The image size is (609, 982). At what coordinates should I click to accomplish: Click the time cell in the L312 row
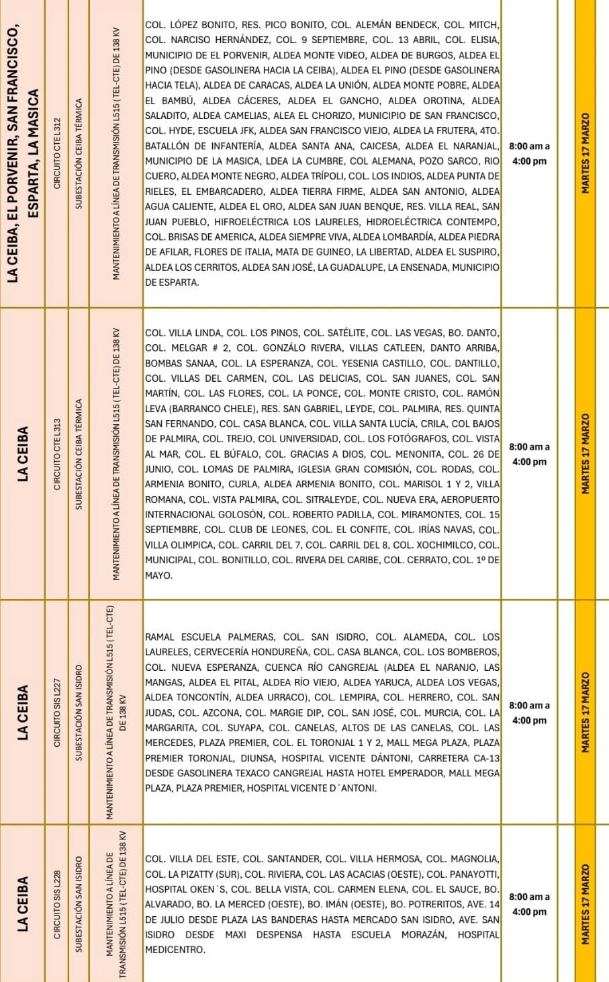click(529, 154)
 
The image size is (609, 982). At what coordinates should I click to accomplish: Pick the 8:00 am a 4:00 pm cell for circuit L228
click(529, 904)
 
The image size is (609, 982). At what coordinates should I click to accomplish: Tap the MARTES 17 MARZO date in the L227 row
click(585, 712)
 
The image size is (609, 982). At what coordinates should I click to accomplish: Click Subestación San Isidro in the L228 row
click(79, 903)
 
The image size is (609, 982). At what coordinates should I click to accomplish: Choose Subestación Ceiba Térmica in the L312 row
click(79, 153)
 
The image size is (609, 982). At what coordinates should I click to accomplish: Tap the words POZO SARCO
click(463, 161)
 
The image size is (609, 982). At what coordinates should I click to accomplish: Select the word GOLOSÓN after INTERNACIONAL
click(236, 515)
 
